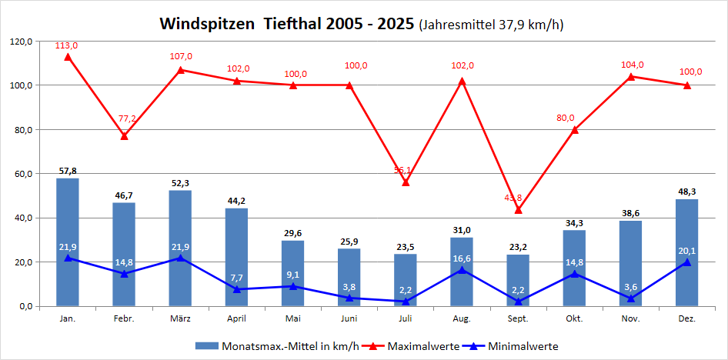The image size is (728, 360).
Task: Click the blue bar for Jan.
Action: point(68,242)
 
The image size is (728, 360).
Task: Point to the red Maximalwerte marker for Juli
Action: point(406,182)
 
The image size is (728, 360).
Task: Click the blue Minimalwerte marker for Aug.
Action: point(462,269)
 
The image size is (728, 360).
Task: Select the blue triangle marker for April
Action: point(237,289)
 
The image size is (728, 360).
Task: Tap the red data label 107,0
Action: point(181,56)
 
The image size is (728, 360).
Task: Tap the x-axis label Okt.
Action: point(574,317)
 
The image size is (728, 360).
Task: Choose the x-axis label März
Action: point(181,317)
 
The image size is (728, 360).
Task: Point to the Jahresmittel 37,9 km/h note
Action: point(491,25)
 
